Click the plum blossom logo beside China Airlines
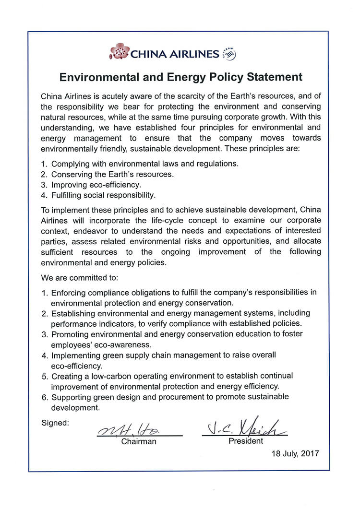[120, 51]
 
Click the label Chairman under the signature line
[139, 441]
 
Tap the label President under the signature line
[245, 441]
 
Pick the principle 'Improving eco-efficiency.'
[96, 185]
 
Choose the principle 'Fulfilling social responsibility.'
[104, 195]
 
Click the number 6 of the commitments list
[44, 397]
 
